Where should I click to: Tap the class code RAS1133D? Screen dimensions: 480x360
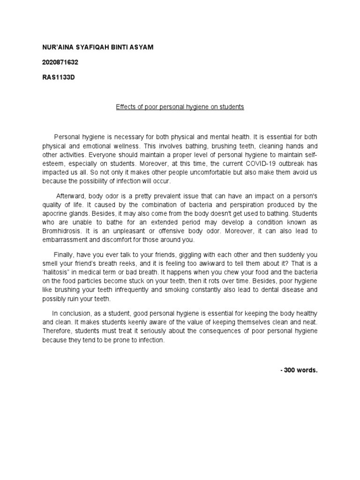pos(59,77)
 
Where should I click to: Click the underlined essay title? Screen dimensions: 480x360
pos(180,107)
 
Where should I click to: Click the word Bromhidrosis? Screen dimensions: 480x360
pos(63,231)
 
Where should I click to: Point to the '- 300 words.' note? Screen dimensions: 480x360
pos(299,370)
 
